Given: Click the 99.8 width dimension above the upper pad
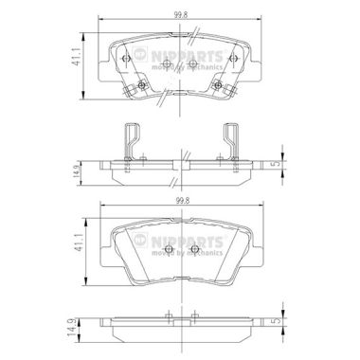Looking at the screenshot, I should [x=179, y=15].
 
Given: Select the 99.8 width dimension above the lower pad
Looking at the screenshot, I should [x=179, y=201].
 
